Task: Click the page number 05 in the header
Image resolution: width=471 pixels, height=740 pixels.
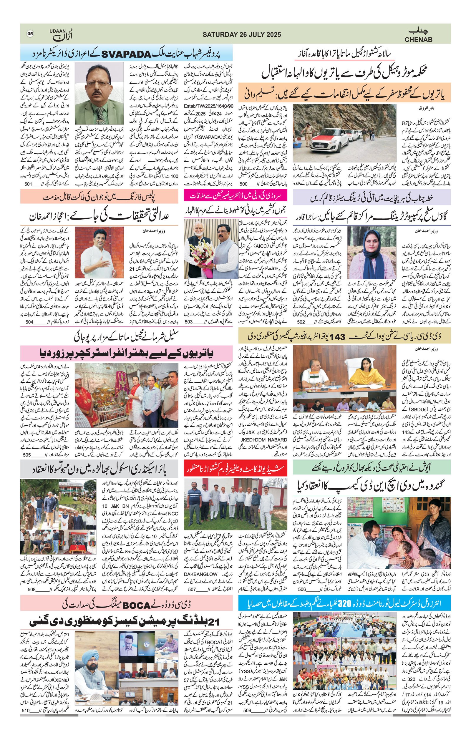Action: pyautogui.click(x=30, y=34)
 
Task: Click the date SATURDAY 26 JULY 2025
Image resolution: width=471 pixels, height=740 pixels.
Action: pyautogui.click(x=241, y=35)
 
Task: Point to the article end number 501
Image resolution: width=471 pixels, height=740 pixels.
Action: pyautogui.click(x=28, y=184)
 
